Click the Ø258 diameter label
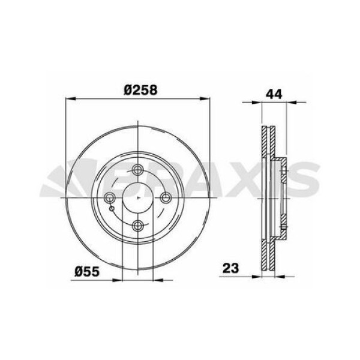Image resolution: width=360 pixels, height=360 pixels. tap(140, 89)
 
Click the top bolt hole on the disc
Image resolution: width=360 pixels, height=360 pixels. tap(138, 169)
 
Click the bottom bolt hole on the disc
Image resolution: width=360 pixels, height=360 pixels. tap(138, 225)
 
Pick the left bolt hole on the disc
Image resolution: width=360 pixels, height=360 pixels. tap(110, 197)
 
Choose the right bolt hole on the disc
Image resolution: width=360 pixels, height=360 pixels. tap(166, 197)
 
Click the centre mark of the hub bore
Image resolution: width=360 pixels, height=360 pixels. tap(138, 197)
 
